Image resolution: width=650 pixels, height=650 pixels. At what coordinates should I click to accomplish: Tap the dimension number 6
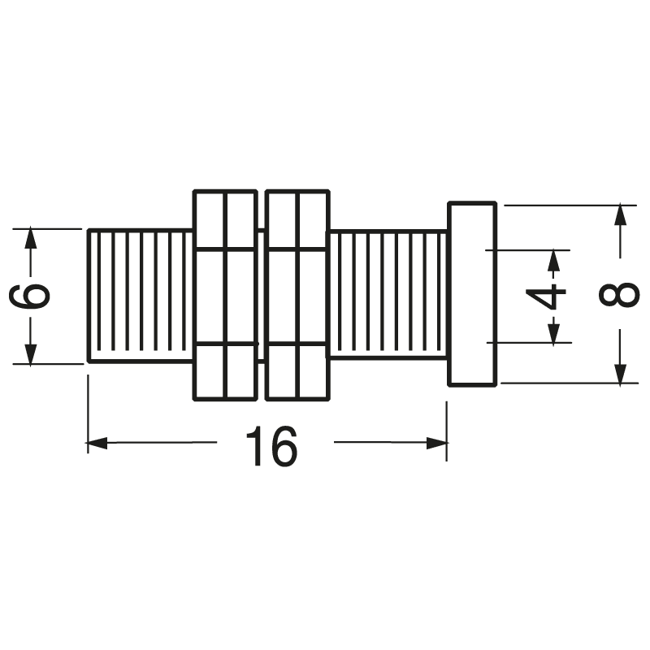coord(31,296)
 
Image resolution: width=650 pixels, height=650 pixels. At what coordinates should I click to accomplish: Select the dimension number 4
coord(552,296)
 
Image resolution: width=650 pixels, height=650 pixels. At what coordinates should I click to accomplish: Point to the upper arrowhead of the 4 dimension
coord(554,259)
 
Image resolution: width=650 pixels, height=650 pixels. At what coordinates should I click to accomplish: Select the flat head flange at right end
coord(471,294)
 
